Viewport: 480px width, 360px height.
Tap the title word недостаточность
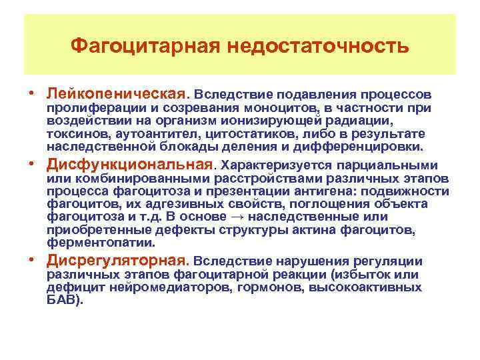[319, 46]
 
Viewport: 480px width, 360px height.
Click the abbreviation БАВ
[63, 300]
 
